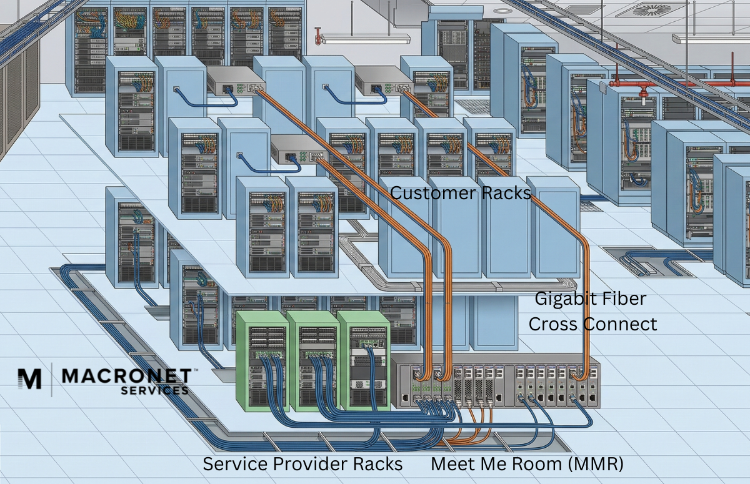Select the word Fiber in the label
coord(626,299)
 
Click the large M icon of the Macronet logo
coord(29,378)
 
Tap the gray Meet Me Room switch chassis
coord(497,382)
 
